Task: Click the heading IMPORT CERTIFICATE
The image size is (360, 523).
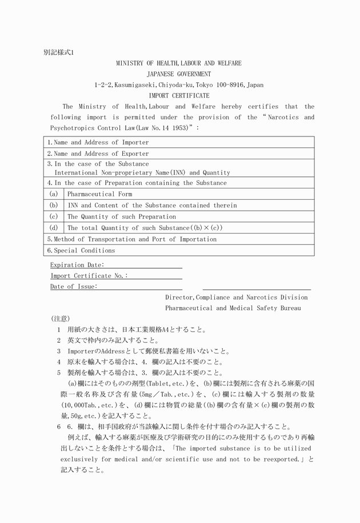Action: tap(179, 95)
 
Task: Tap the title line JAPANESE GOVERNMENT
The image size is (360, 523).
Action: tap(179, 74)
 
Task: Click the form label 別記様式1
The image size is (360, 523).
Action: tap(59, 52)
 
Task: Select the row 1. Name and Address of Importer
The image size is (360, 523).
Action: tap(98, 142)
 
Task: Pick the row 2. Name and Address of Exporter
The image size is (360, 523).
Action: tap(98, 154)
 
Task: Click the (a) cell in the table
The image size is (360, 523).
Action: tap(54, 194)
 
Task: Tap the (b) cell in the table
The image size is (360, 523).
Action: tap(54, 205)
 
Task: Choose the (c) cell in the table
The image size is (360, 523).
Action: tap(54, 216)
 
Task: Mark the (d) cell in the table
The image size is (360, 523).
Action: tap(54, 228)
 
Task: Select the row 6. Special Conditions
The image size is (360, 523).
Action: tap(81, 250)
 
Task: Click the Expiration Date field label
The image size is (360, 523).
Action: tap(77, 265)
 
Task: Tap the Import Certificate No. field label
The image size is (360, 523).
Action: tap(89, 276)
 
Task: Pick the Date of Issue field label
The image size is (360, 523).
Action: tap(74, 287)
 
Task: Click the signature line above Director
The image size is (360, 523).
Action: tap(257, 289)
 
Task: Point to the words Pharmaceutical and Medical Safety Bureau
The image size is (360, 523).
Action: tap(233, 308)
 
